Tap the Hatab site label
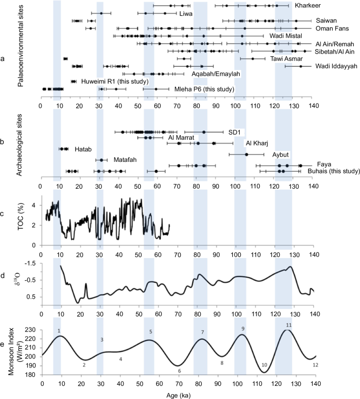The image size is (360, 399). [82, 149]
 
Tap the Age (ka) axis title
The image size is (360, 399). [177, 394]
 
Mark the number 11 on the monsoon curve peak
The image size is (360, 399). [289, 325]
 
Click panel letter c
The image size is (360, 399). [4, 213]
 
